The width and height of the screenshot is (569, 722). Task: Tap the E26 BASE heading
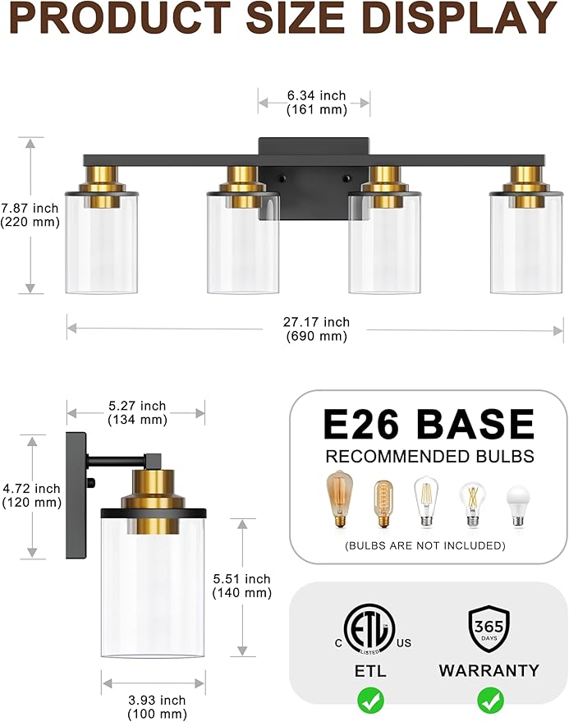429,425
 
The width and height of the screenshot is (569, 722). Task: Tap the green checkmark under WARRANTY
490,700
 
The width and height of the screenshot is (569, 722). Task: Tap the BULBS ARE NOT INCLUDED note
424,545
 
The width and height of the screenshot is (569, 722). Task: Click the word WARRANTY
489,671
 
